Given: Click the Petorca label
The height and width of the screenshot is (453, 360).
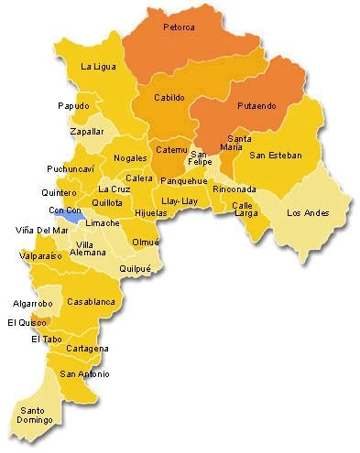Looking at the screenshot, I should (179, 27).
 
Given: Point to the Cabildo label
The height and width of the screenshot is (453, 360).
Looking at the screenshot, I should (169, 97).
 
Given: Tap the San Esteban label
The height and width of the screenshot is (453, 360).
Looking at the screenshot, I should (275, 155).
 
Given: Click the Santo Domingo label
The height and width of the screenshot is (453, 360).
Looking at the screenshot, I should (33, 415).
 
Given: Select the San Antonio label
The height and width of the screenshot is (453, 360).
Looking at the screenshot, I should (84, 373).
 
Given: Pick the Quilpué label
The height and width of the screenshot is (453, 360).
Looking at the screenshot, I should (141, 269).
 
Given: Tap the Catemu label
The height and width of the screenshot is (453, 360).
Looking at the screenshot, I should (171, 148).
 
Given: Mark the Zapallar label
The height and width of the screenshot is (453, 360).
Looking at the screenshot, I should (87, 131).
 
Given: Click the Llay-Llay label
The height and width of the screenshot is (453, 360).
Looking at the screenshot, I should (178, 200).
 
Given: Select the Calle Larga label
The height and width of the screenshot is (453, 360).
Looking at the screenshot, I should (242, 210).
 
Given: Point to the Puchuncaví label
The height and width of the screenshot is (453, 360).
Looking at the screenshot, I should (70, 169).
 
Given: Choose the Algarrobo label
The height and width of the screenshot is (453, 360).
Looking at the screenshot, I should (33, 302).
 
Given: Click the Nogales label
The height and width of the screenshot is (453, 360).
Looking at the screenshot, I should (130, 158).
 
